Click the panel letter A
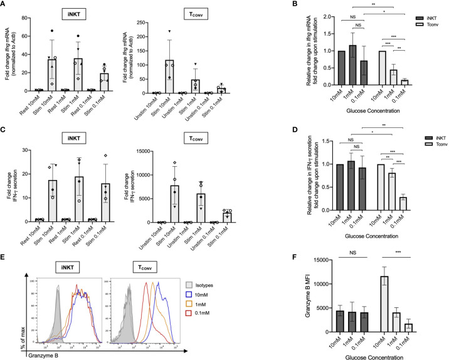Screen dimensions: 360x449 pos(4,5)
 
